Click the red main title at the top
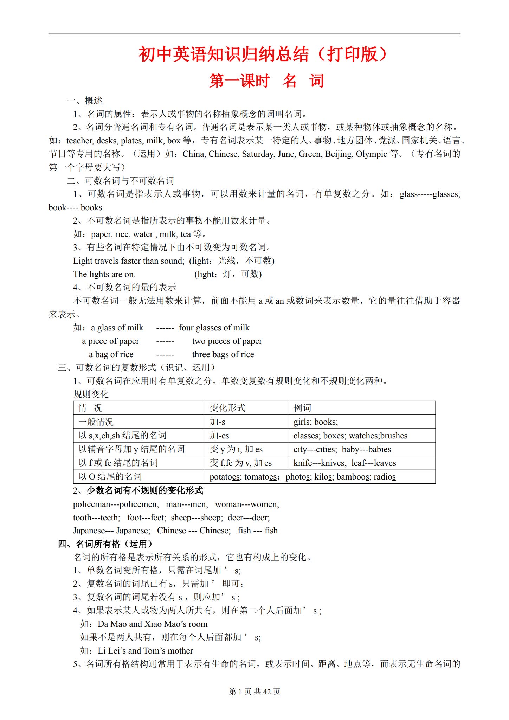tap(263, 54)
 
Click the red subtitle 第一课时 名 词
tap(266, 81)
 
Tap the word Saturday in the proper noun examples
tap(258, 154)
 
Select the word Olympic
tap(371, 154)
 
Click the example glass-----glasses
tap(430, 194)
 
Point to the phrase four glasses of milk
tap(214, 328)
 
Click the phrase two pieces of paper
tap(227, 341)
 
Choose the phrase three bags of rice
tap(223, 354)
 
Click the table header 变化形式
tap(227, 408)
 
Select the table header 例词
tap(302, 408)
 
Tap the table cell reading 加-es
tap(219, 436)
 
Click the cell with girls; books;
tap(316, 422)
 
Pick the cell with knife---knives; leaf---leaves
tap(344, 463)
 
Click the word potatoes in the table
tap(225, 477)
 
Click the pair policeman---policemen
tap(116, 504)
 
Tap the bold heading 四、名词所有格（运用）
tap(105, 544)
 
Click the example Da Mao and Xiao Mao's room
tap(152, 624)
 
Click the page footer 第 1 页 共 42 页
tap(254, 692)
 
